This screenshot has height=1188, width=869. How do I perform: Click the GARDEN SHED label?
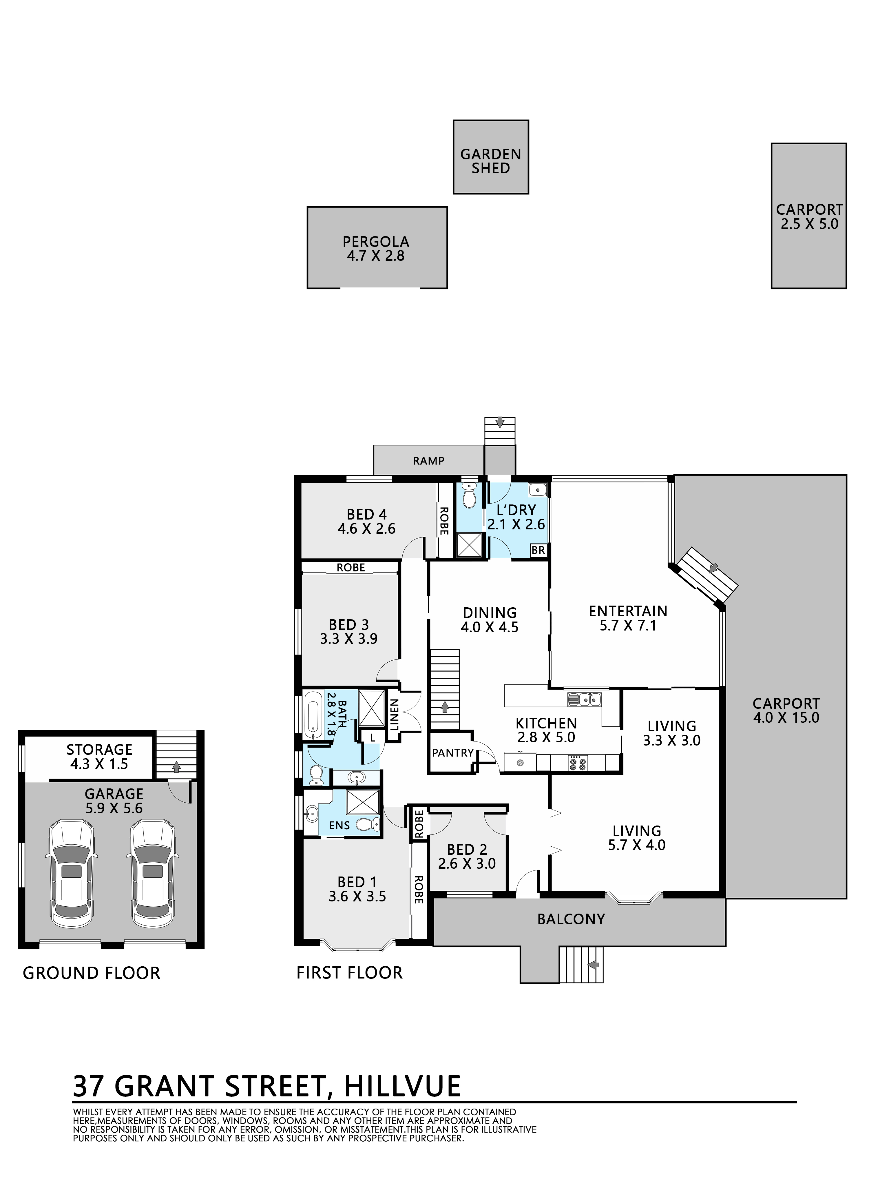click(x=491, y=161)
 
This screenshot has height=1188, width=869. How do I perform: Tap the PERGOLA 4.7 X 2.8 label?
click(x=376, y=249)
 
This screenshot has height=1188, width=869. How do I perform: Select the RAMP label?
click(x=429, y=461)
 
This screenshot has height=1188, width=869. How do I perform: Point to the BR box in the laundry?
click(x=538, y=550)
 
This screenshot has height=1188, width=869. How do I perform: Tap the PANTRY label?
click(x=452, y=753)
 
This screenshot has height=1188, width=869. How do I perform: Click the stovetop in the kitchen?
click(x=577, y=762)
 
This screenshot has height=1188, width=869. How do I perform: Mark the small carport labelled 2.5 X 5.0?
click(x=809, y=216)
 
